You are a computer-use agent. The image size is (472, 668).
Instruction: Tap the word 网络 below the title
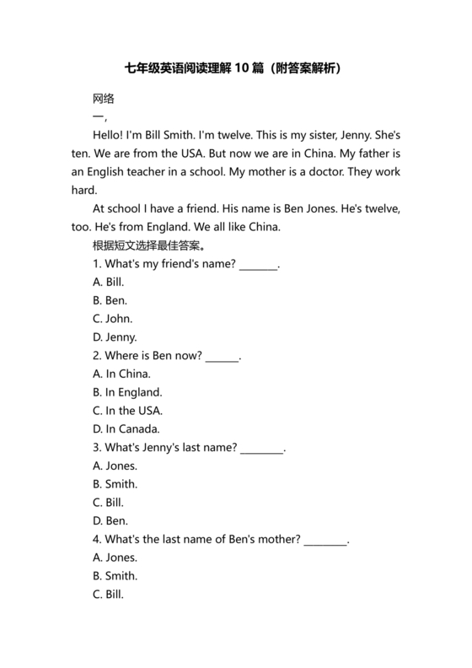(x=104, y=98)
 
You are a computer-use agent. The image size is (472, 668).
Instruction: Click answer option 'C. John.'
(x=113, y=319)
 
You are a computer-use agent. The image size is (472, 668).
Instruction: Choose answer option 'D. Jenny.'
(x=115, y=337)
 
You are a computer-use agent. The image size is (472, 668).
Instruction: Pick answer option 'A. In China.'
(x=122, y=374)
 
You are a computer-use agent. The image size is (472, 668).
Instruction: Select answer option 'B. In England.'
(x=128, y=392)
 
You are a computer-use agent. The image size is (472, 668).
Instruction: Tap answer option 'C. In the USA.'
(x=128, y=411)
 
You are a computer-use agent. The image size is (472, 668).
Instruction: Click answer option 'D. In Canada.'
(x=126, y=429)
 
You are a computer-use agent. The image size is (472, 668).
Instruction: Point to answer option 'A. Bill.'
(x=110, y=283)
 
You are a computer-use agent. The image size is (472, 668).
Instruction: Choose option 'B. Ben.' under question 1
(x=110, y=300)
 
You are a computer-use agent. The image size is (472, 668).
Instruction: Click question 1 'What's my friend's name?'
(x=165, y=264)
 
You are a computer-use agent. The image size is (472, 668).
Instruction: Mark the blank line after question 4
(x=325, y=541)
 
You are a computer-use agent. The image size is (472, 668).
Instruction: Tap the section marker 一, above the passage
(x=99, y=116)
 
